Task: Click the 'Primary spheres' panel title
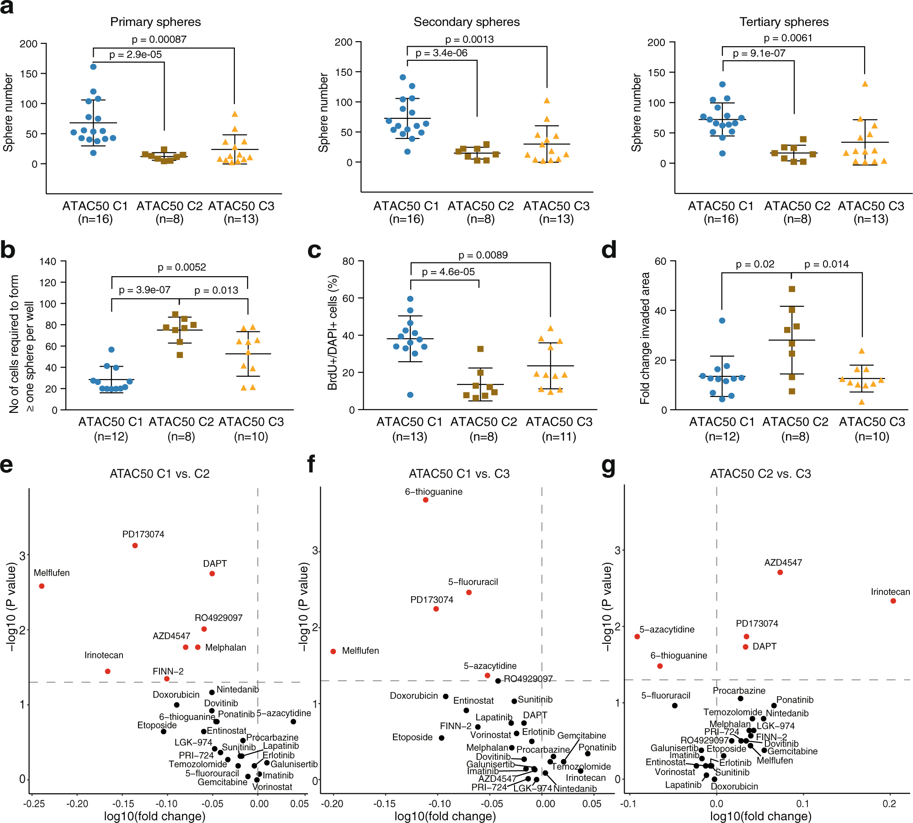pyautogui.click(x=155, y=22)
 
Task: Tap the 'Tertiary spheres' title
pyautogui.click(x=784, y=22)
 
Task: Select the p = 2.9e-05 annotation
pyautogui.click(x=135, y=54)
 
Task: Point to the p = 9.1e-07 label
pyautogui.click(x=759, y=53)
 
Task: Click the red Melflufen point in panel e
pyautogui.click(x=42, y=586)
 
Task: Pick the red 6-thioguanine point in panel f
pyautogui.click(x=425, y=500)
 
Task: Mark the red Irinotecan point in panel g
pyautogui.click(x=893, y=601)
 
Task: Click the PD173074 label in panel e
pyautogui.click(x=143, y=534)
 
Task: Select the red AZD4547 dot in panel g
pyautogui.click(x=780, y=572)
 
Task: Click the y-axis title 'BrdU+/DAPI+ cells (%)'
pyautogui.click(x=332, y=332)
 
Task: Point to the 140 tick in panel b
pyautogui.click(x=48, y=262)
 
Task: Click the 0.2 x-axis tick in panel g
pyautogui.click(x=889, y=804)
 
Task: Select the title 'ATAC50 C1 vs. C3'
pyautogui.click(x=459, y=474)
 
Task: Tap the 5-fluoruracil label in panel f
pyautogui.click(x=473, y=582)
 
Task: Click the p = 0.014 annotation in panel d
pyautogui.click(x=826, y=264)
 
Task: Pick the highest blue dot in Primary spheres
pyautogui.click(x=93, y=67)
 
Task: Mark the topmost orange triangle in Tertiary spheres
pyautogui.click(x=865, y=84)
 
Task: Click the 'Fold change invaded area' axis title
pyautogui.click(x=645, y=338)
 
